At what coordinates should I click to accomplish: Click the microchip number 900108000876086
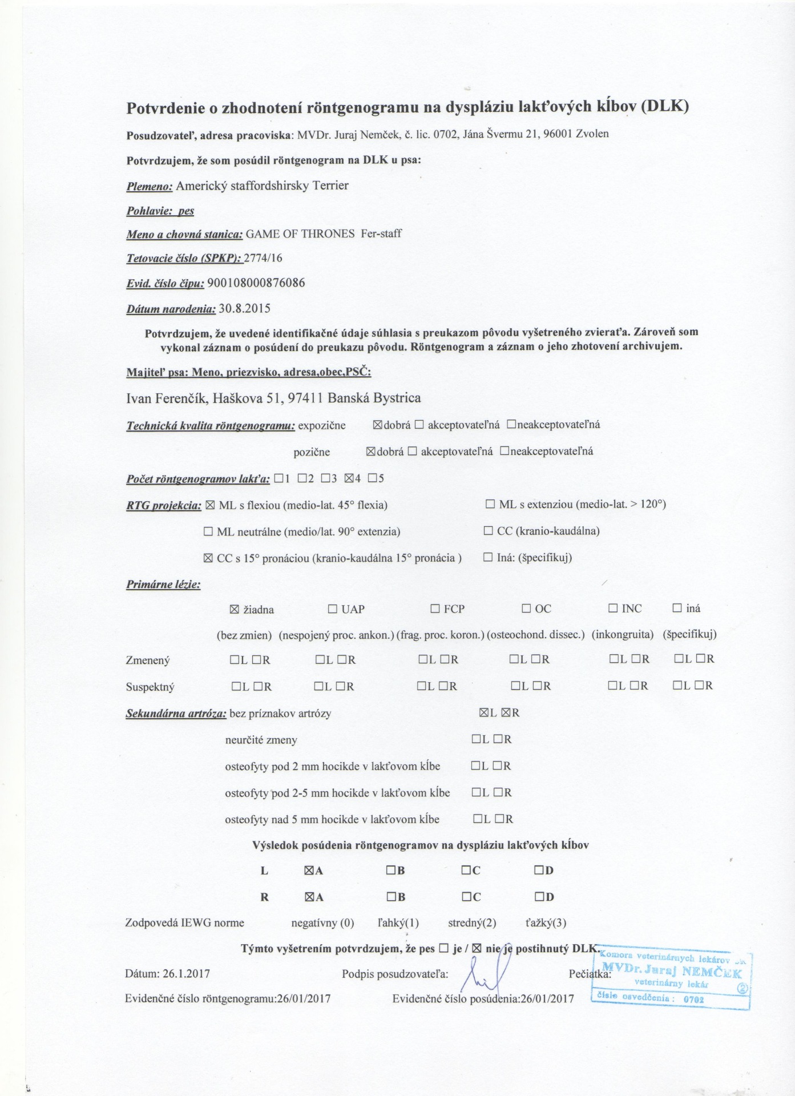coord(256,283)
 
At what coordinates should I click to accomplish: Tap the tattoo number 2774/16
coord(263,258)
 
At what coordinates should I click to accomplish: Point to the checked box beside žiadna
coord(233,609)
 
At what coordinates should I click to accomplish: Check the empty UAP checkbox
coord(333,609)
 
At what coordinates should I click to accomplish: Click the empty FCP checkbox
coord(435,609)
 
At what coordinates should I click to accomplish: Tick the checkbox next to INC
coord(614,609)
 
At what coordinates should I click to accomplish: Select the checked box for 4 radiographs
coord(349,478)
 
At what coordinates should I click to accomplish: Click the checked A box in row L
coord(309,871)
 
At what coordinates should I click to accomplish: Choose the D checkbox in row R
coord(539,897)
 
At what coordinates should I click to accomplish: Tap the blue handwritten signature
coord(482,973)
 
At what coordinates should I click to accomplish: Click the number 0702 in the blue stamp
coord(693,1000)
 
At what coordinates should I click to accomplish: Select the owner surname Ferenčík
coord(181,398)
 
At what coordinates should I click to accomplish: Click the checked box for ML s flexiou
coord(210,505)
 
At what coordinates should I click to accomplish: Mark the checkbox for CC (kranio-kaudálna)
coord(488,531)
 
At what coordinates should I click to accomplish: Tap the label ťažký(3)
coord(546,923)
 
